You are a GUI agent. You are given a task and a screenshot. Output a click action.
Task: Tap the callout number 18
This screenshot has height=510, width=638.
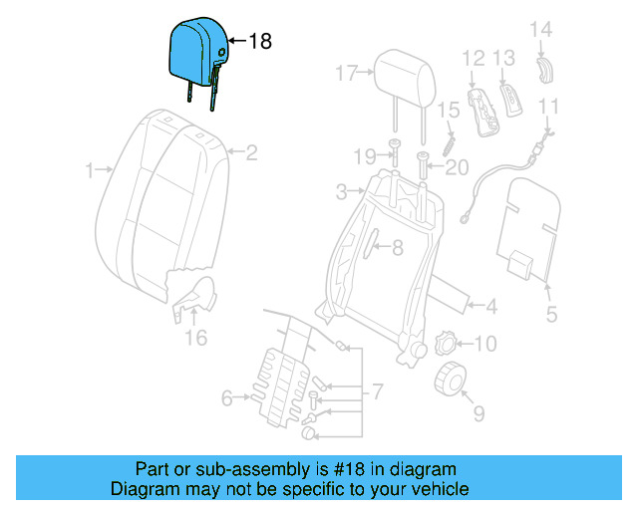(259, 42)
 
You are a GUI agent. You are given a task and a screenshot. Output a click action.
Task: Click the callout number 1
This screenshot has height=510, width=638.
(90, 171)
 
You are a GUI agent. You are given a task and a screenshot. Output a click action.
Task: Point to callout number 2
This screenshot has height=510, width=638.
(251, 152)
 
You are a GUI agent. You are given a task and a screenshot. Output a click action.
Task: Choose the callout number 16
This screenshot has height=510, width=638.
(195, 339)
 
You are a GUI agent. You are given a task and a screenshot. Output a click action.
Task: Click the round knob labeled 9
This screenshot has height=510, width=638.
(454, 380)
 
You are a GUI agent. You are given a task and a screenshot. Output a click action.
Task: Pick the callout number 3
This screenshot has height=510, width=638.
(341, 190)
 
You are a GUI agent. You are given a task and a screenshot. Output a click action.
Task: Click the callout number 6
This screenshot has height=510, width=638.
(226, 399)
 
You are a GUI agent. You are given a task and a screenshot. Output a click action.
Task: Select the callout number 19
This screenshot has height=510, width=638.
(365, 155)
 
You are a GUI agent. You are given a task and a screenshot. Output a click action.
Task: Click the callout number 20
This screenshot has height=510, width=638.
(457, 167)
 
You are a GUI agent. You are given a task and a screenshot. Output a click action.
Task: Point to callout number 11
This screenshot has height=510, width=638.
(549, 107)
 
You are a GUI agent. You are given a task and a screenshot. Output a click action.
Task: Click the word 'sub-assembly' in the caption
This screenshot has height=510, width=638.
(270, 469)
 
